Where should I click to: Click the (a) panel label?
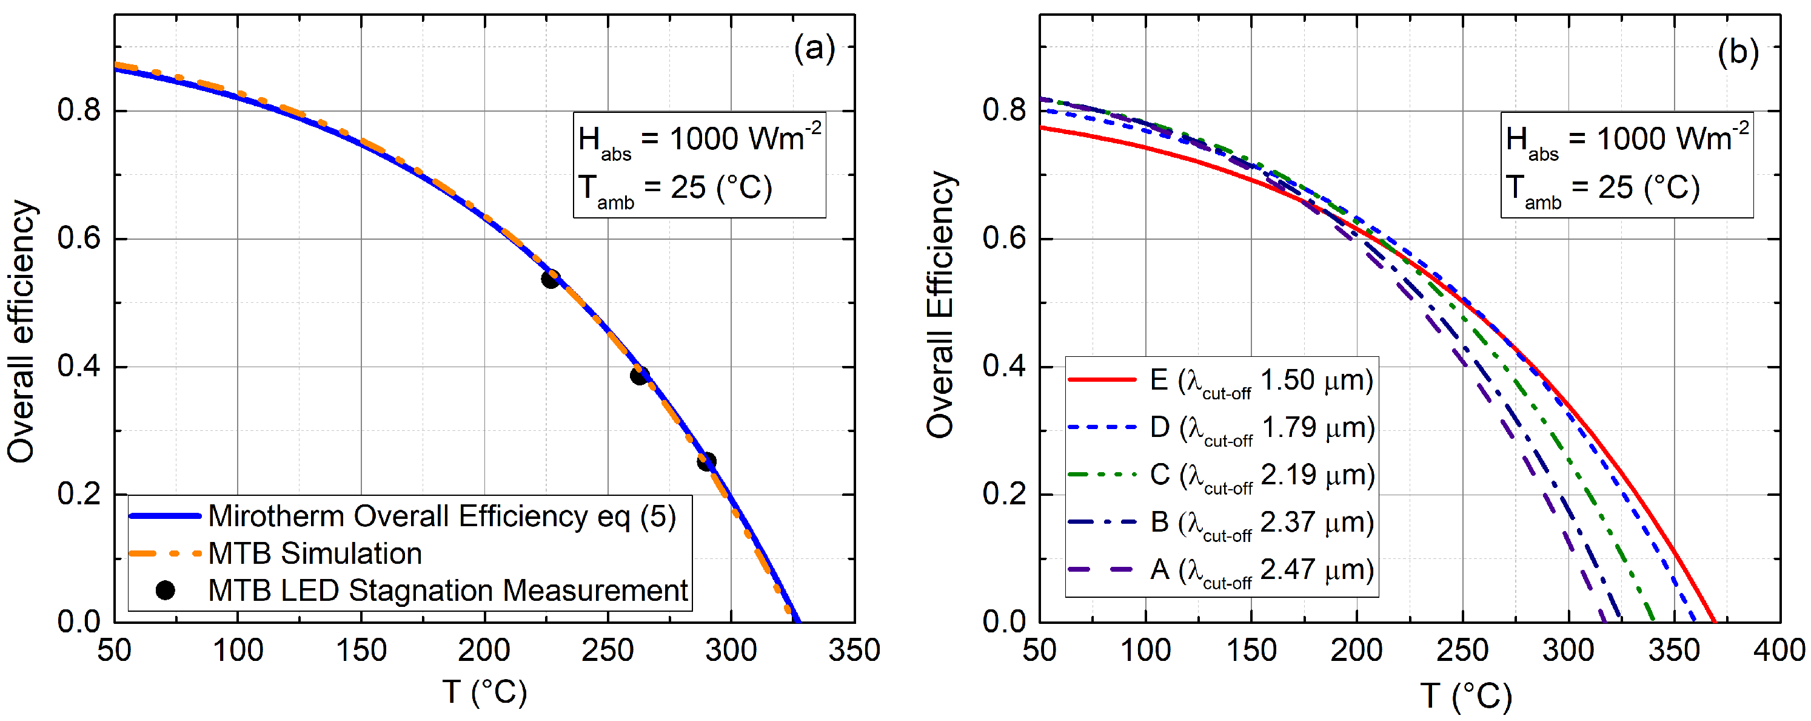[814, 49]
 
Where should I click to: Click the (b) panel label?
[1737, 52]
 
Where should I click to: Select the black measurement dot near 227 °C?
[551, 279]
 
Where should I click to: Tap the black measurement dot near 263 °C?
[639, 375]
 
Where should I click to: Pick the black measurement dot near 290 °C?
[706, 461]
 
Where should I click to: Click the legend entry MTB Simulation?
[315, 553]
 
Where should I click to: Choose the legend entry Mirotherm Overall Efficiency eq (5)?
[441, 516]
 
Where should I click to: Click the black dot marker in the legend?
[165, 590]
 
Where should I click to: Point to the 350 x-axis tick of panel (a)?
[854, 650]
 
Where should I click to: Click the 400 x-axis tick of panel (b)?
[1779, 650]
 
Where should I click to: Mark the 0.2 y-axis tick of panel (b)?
[1003, 495]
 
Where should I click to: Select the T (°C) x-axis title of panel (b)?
[1465, 696]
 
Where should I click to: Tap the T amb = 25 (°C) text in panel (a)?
[675, 189]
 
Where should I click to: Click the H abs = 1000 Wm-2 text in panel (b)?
[1626, 139]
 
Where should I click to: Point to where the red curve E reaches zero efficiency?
[1714, 621]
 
